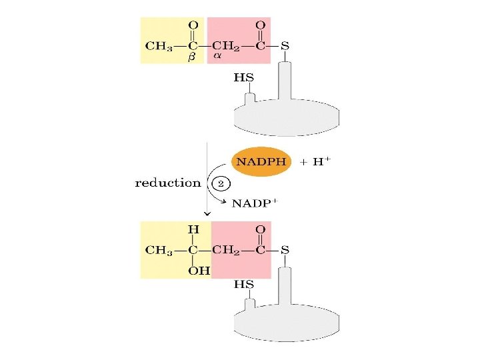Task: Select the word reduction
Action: (168, 183)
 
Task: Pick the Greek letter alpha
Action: (217, 57)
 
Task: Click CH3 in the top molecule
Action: (159, 45)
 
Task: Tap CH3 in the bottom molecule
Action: (159, 251)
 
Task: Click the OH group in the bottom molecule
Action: (199, 271)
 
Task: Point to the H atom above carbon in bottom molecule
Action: (193, 230)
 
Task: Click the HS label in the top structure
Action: (243, 77)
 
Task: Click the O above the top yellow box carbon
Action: (193, 25)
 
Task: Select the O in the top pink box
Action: (261, 25)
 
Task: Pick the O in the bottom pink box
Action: (261, 230)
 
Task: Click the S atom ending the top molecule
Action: (285, 45)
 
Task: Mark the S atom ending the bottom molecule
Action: (285, 251)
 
